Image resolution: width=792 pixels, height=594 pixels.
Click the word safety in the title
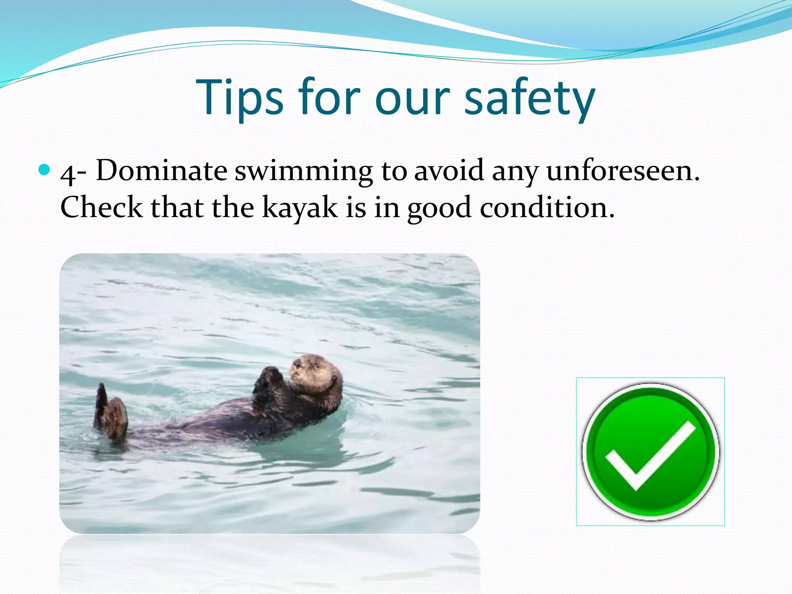tap(530, 99)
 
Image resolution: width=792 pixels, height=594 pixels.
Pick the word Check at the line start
tap(101, 207)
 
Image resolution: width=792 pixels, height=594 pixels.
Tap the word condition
tap(547, 207)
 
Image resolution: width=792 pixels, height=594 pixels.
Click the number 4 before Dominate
tap(69, 174)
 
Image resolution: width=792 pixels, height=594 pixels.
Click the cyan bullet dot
tap(45, 169)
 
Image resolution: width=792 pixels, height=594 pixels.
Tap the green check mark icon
tap(650, 452)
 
